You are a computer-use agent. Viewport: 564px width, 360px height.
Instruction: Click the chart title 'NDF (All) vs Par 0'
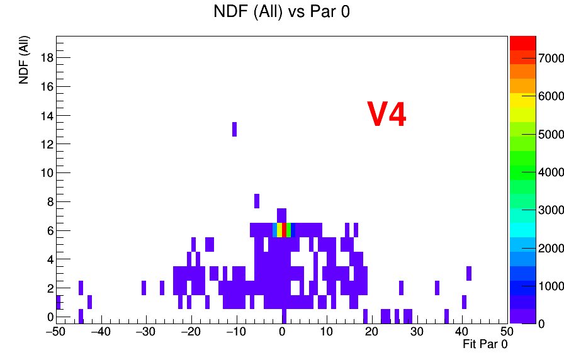pos(281,11)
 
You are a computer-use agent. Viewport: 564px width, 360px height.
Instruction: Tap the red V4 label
pos(386,114)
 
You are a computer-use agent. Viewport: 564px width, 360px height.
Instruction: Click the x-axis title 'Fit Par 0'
pos(485,344)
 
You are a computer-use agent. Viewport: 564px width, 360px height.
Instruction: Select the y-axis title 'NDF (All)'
pos(24,60)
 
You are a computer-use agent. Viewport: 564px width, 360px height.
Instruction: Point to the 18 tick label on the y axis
pos(47,57)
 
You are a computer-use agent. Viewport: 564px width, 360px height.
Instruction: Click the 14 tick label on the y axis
pos(47,115)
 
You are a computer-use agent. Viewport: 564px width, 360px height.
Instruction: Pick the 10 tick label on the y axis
pos(47,173)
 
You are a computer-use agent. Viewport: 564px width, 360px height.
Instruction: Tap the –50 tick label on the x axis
pos(56,331)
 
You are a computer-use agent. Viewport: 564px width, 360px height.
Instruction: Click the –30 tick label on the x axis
pos(145,331)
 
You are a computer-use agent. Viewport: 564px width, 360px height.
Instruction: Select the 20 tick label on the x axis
pos(371,331)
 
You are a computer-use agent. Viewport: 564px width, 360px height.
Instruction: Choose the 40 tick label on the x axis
pos(462,331)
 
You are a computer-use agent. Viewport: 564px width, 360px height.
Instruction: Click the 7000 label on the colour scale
pos(551,59)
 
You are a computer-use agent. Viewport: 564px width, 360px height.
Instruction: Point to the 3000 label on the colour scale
pos(551,210)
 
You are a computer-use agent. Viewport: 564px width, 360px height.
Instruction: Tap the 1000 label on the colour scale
pos(551,286)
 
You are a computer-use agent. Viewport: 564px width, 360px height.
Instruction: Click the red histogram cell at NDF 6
pos(284,230)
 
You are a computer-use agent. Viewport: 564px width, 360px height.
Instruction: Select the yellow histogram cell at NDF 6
pos(279,230)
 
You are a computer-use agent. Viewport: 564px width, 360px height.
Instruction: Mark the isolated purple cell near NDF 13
pos(235,130)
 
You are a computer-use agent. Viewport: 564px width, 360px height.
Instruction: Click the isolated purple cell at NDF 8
pos(257,201)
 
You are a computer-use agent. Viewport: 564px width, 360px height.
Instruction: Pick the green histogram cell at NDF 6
pos(288,230)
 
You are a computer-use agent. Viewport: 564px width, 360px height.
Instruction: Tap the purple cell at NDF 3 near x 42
pos(469,273)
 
